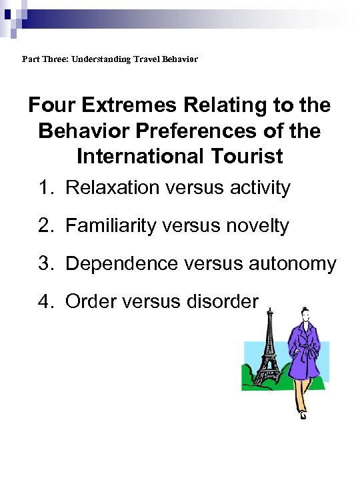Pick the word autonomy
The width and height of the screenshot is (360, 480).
point(295,264)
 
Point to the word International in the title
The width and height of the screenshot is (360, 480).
point(140,156)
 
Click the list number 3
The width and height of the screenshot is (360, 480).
point(45,264)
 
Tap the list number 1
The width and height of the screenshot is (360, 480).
point(45,188)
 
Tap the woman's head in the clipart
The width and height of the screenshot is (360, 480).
point(306,313)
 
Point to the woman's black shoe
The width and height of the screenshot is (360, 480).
point(303,415)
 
